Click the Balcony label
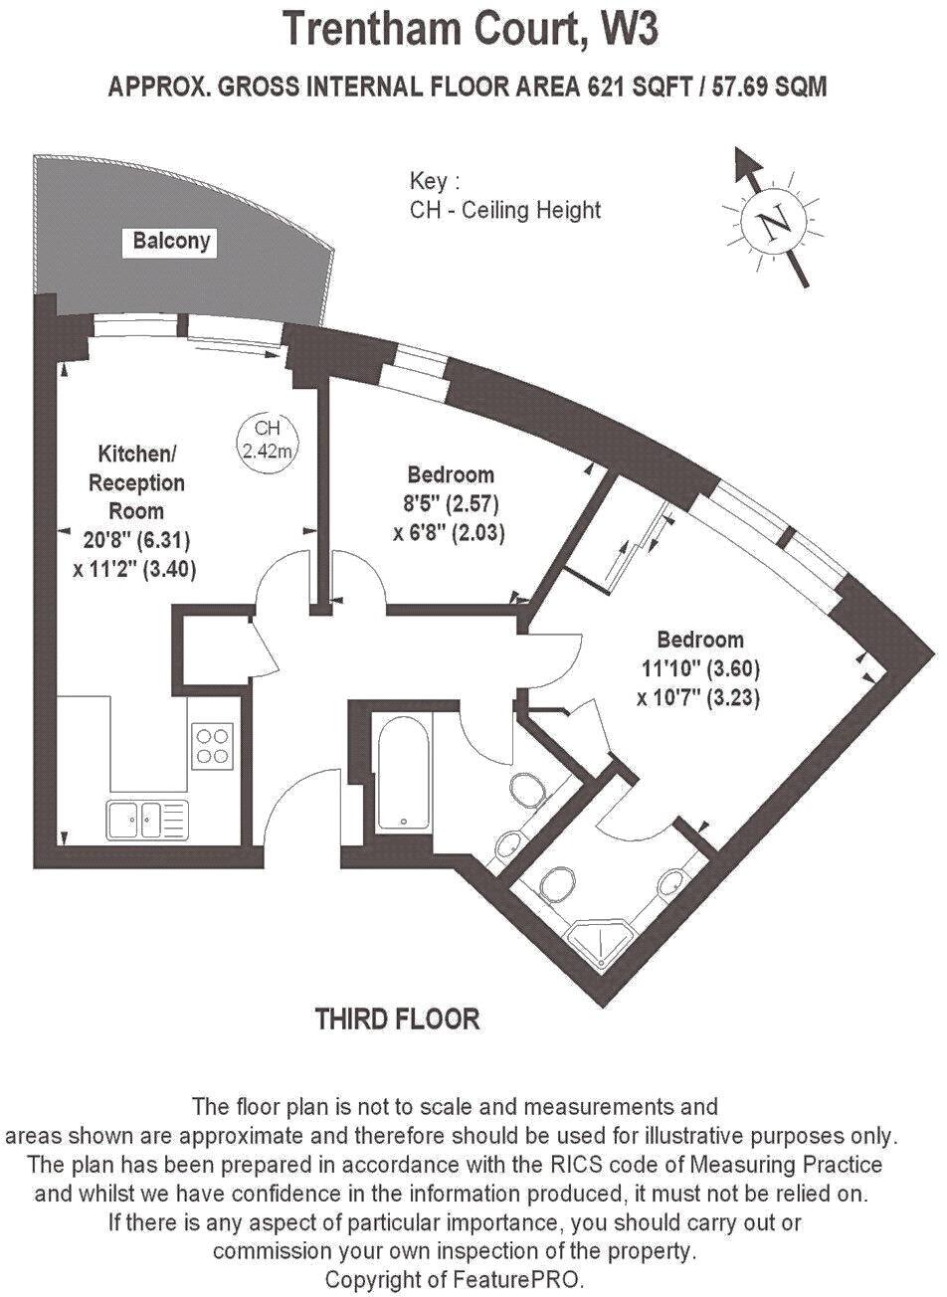pyautogui.click(x=171, y=242)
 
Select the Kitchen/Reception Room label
pyautogui.click(x=137, y=482)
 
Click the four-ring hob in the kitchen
pyautogui.click(x=211, y=744)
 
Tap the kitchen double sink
pyautogui.click(x=145, y=820)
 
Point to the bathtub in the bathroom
pyautogui.click(x=404, y=772)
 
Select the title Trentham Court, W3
pyautogui.click(x=471, y=29)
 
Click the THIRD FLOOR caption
pyautogui.click(x=398, y=1019)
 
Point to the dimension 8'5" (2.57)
pyautogui.click(x=451, y=502)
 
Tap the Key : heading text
pyautogui.click(x=435, y=182)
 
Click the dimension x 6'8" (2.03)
pyautogui.click(x=450, y=533)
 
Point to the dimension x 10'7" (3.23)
pyautogui.click(x=698, y=698)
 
